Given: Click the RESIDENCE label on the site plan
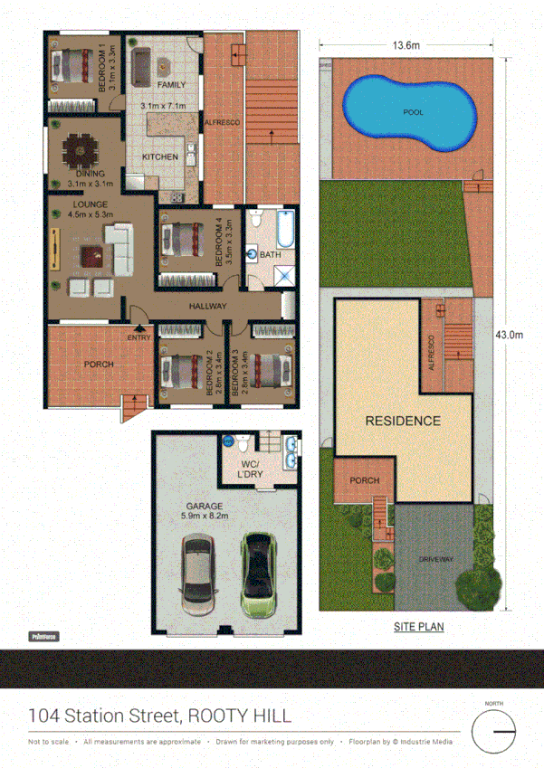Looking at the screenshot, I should click(x=403, y=421).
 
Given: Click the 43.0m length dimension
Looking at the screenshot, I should click(x=510, y=335).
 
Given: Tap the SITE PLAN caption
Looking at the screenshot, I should click(x=418, y=626).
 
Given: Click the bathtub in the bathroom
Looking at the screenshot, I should click(x=285, y=231).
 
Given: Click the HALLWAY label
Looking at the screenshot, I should click(x=207, y=307).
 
